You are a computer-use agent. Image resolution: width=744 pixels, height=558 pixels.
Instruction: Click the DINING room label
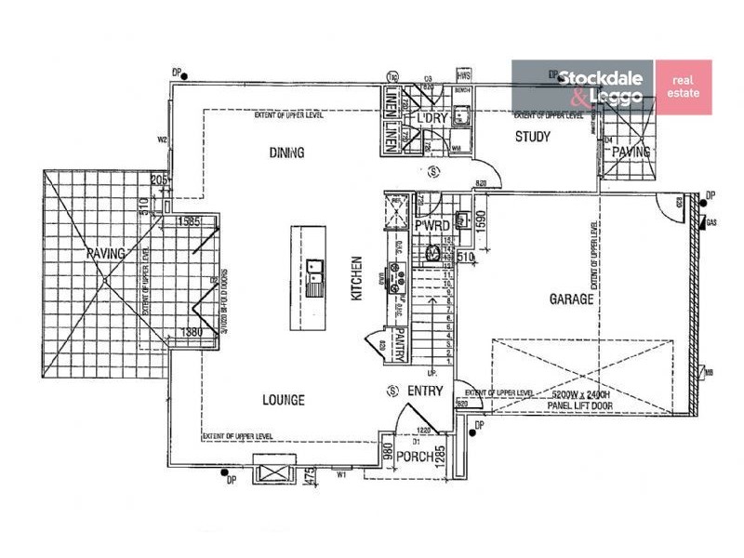tap(287, 152)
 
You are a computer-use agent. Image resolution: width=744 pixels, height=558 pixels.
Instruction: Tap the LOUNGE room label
tap(283, 400)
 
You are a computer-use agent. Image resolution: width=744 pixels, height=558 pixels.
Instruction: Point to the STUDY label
tap(533, 137)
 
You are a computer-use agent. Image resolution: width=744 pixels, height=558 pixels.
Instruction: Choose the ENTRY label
tap(425, 391)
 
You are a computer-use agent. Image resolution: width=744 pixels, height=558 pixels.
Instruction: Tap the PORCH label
tap(415, 457)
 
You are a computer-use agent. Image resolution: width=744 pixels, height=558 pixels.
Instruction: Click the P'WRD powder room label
tap(432, 226)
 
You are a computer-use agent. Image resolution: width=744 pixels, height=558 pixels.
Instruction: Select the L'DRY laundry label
tap(432, 120)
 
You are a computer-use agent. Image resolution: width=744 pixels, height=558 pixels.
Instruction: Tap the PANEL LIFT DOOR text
tap(574, 405)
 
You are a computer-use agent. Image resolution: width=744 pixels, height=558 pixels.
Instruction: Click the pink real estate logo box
tap(684, 87)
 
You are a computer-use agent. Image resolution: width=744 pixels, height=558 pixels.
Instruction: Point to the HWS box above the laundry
tap(463, 73)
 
